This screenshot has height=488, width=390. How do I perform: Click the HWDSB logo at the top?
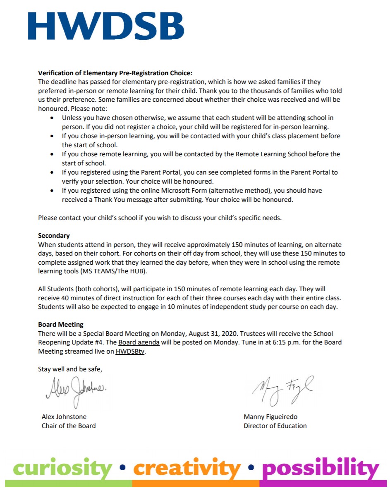(x=106, y=26)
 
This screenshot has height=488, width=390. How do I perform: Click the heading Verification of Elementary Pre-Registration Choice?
(x=115, y=73)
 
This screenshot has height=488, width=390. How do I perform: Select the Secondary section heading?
(x=54, y=235)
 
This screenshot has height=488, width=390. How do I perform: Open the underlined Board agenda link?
(x=139, y=342)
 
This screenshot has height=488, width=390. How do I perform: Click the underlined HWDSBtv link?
(x=131, y=352)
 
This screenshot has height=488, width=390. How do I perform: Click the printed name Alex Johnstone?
(x=64, y=416)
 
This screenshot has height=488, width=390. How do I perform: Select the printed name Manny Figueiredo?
(x=270, y=416)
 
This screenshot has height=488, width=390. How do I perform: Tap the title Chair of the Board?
(x=69, y=426)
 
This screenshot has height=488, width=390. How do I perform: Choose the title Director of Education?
(x=275, y=426)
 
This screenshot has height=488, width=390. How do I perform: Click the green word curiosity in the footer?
(x=62, y=468)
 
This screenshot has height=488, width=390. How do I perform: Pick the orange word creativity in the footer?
(x=187, y=468)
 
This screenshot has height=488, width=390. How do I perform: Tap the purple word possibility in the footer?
(x=320, y=468)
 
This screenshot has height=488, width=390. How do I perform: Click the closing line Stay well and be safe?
(x=70, y=369)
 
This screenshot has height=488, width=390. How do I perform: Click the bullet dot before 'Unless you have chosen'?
(x=52, y=118)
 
